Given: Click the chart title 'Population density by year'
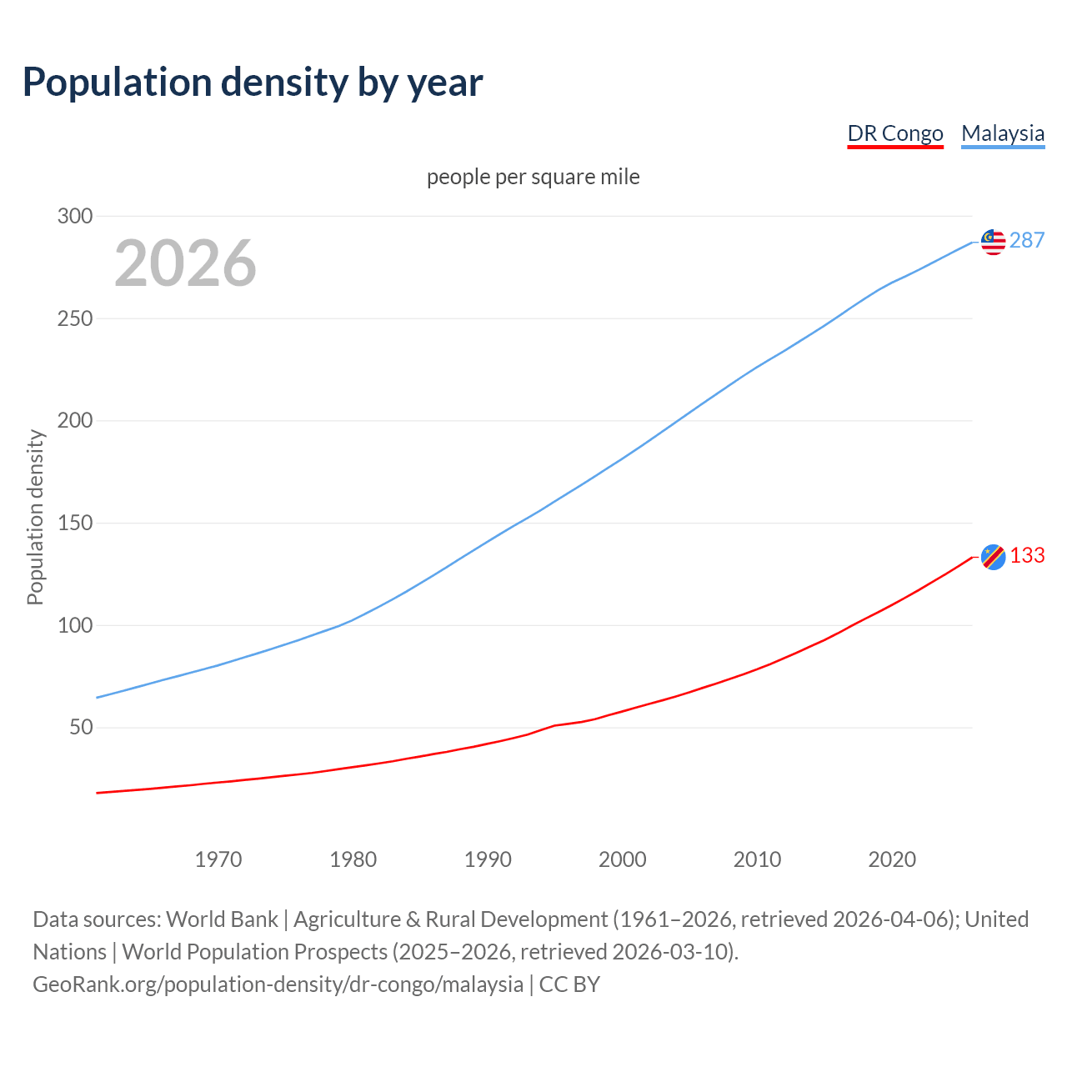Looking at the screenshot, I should tap(253, 82).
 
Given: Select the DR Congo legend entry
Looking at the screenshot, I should tap(894, 133).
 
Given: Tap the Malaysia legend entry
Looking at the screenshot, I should tap(1003, 133).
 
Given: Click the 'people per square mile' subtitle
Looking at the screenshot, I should tap(533, 177).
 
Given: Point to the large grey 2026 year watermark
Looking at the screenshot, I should tap(185, 263).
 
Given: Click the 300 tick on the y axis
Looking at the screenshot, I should tap(75, 216).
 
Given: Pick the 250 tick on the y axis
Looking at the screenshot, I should tap(75, 318).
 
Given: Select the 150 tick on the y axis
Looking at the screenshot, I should tap(75, 523).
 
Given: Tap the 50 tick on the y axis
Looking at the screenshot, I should tap(81, 727).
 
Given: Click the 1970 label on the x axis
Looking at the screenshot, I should tap(218, 859).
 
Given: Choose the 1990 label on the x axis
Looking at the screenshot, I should tap(488, 859).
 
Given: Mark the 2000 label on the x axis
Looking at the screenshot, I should tap(623, 859).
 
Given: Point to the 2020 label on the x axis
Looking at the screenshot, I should tap(892, 859).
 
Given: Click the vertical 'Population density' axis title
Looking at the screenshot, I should tap(35, 517).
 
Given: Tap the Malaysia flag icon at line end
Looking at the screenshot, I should tap(993, 242).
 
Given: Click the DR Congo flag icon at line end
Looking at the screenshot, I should tap(993, 556).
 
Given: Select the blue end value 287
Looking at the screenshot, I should tap(1027, 241).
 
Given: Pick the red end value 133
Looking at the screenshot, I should tap(1027, 556).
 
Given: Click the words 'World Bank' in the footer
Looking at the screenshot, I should tap(222, 919).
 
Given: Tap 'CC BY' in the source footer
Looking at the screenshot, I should tap(569, 984).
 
